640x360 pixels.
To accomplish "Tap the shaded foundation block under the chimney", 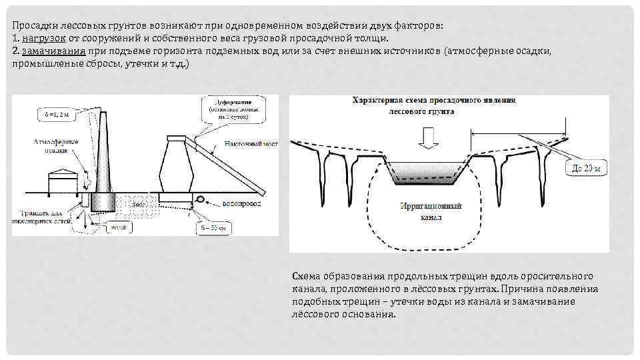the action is tap(104, 203).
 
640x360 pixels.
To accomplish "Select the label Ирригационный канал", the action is tap(425, 211).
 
